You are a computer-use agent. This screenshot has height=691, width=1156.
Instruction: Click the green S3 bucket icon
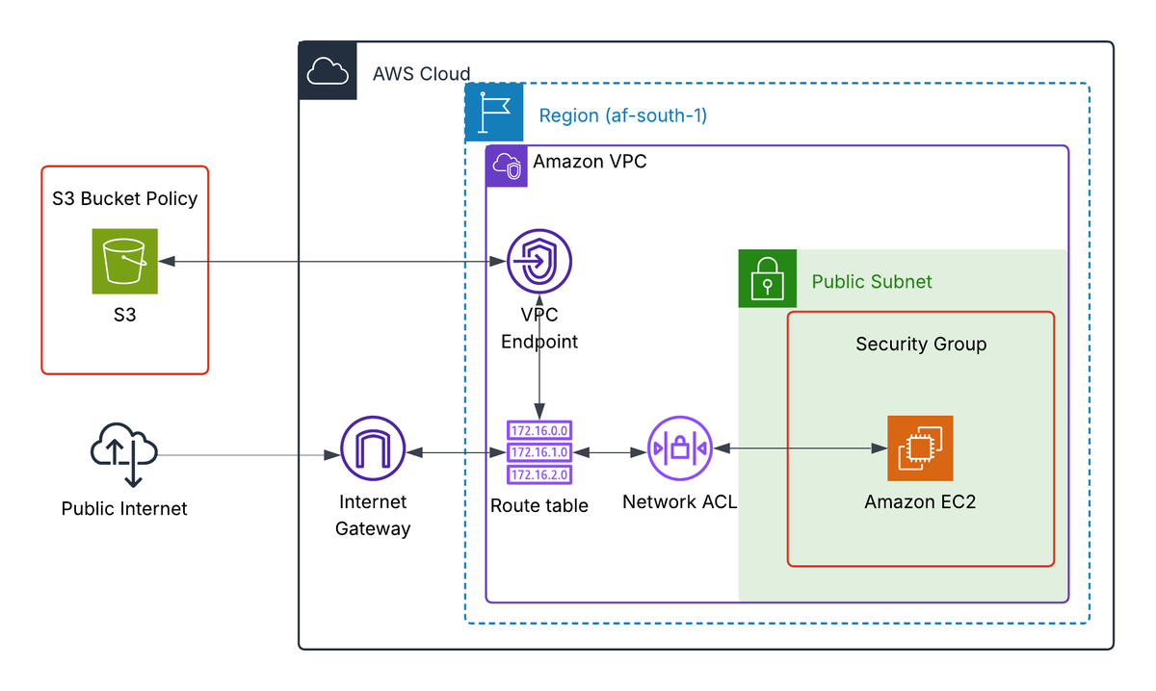coord(124,261)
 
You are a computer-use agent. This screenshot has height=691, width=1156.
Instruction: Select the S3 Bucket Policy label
coord(124,199)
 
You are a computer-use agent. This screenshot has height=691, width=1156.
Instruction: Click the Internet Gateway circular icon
coord(373,450)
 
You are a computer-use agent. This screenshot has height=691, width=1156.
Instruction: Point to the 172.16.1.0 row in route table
coord(539,451)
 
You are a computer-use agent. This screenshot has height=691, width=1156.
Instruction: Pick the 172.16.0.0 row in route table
coord(539,430)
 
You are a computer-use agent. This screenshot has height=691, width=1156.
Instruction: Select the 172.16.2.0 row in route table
coord(539,473)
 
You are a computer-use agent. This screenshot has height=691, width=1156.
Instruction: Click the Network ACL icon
coord(679,448)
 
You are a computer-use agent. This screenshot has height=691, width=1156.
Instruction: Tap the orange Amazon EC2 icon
coord(920,448)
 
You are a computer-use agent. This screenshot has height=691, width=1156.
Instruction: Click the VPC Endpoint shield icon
coord(539,262)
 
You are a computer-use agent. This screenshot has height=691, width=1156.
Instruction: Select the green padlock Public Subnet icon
coord(767,279)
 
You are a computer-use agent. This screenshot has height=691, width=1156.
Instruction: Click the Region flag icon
coord(494,113)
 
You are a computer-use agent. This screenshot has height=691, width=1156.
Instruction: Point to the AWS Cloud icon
coord(328,71)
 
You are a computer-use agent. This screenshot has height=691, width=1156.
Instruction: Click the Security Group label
coord(921,344)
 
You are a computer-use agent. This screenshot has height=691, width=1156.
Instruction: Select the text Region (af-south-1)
coord(622,116)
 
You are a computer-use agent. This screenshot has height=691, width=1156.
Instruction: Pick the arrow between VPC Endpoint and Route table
coord(539,375)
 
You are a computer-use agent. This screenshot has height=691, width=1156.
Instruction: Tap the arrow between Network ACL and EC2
coord(800,448)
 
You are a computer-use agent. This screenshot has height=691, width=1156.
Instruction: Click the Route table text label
coord(539,505)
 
